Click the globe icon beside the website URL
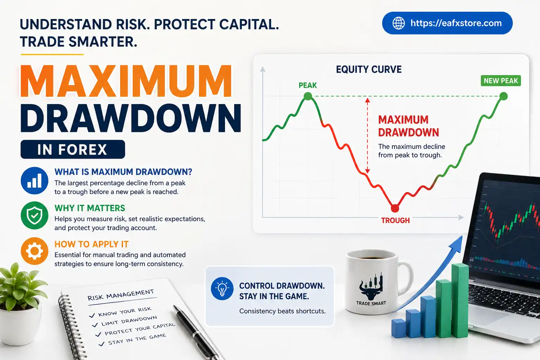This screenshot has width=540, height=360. click(x=398, y=23)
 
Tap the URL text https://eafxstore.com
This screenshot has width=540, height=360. click(x=456, y=23)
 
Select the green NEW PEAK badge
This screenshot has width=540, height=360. click(x=501, y=81)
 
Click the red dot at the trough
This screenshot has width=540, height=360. click(x=395, y=208)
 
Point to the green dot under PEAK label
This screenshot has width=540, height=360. click(x=308, y=96)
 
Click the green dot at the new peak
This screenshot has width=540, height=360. click(x=503, y=96)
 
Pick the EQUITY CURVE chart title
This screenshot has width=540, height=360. click(x=368, y=70)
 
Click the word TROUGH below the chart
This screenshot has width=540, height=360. click(x=396, y=220)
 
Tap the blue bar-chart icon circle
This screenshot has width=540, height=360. click(x=34, y=181)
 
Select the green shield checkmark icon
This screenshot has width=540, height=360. click(x=34, y=215)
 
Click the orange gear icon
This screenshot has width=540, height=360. click(x=34, y=251)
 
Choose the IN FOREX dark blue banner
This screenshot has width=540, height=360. click(x=73, y=149)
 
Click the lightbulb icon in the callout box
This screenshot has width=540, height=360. click(x=222, y=289)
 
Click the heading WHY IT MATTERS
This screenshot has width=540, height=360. click(x=90, y=208)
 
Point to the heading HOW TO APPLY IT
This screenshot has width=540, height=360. click(x=91, y=244)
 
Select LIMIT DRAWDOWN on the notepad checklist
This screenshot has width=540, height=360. click(x=129, y=321)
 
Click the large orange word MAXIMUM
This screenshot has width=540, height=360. click(x=126, y=82)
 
